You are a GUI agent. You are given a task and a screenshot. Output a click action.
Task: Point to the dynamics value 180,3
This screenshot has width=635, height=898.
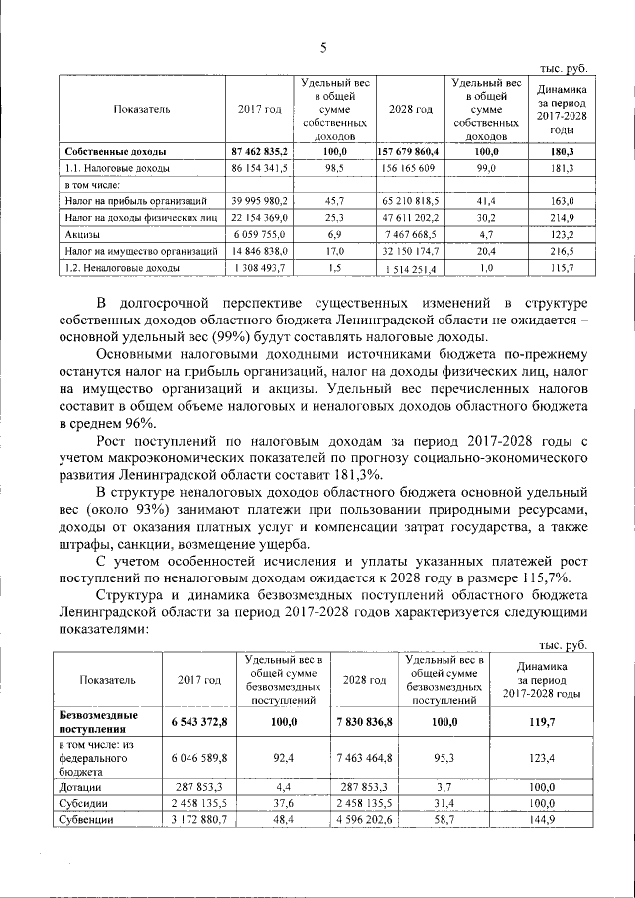(562, 151)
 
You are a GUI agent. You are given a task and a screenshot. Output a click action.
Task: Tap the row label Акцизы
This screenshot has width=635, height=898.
(82, 234)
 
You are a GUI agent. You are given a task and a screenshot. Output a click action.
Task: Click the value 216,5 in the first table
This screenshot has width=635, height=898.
(562, 251)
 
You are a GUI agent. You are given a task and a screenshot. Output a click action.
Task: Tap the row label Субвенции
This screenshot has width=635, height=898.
(85, 820)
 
